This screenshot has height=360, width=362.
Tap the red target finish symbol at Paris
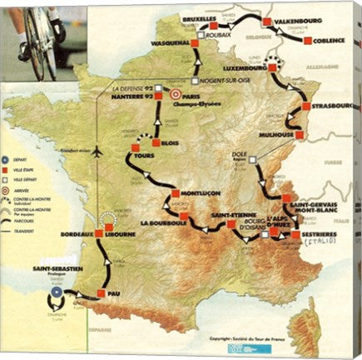coord(176,95)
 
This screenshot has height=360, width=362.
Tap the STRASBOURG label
coord(336,107)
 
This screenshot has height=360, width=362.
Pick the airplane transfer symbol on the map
coord(97,153)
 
